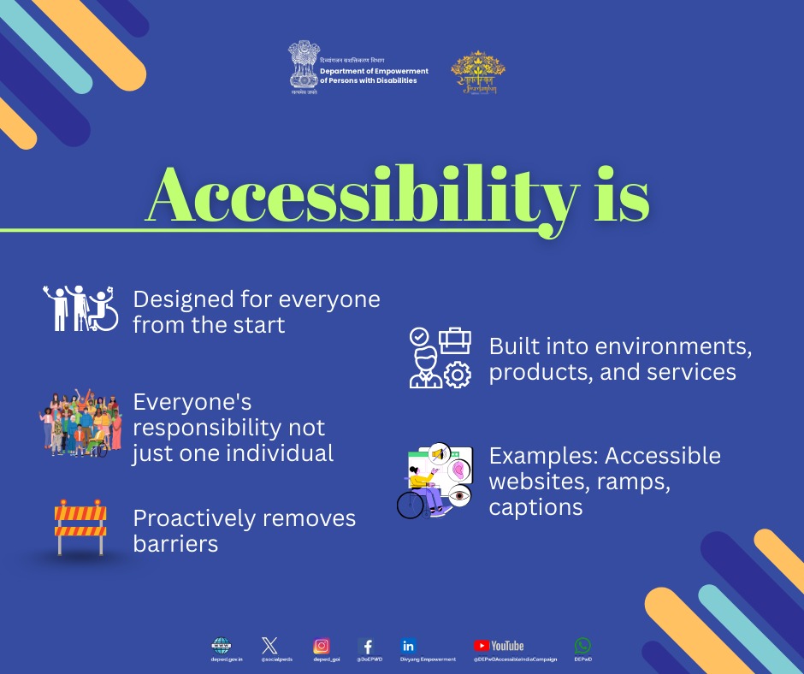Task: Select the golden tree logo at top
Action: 478,72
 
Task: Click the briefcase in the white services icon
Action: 455,341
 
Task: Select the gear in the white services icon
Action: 459,375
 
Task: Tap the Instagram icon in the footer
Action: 322,647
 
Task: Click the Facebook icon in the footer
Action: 367,647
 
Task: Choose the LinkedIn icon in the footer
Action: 409,646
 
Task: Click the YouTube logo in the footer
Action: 500,646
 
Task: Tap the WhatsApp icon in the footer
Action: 583,646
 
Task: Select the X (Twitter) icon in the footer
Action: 269,646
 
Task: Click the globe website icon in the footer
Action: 221,646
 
